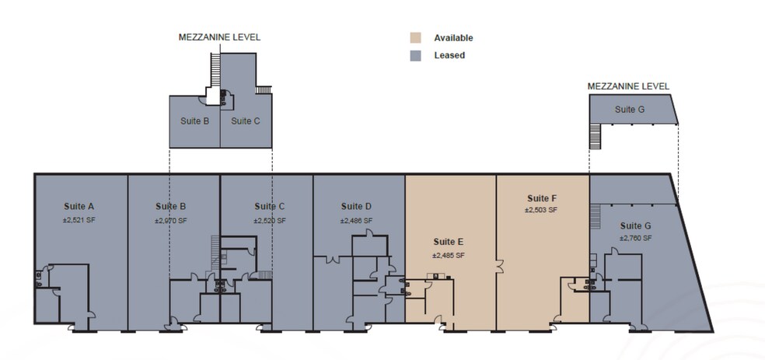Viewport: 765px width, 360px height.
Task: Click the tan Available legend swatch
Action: coord(416,37)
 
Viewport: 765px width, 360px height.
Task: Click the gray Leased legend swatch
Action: coord(416,55)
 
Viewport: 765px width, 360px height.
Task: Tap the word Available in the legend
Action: coord(453,38)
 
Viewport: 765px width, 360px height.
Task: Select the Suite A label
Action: coord(79,207)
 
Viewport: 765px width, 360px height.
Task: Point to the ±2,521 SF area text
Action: coord(79,220)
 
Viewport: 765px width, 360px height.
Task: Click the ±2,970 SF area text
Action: coord(171,220)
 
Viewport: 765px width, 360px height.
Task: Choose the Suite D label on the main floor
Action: coord(356,207)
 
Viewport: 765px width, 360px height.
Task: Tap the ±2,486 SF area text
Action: coord(356,220)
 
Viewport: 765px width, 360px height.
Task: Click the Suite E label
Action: coord(449,241)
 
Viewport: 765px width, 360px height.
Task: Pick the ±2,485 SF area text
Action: coord(449,254)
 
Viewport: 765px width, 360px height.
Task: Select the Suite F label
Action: coord(542,197)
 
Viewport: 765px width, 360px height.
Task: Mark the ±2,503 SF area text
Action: coord(542,210)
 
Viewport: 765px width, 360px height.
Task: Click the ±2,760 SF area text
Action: coord(635,238)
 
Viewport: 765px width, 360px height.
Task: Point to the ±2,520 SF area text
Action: coord(270,220)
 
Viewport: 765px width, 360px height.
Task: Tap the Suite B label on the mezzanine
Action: coord(194,121)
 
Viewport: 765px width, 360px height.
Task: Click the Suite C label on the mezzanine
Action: coord(246,121)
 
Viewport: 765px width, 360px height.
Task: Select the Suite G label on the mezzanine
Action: coord(630,110)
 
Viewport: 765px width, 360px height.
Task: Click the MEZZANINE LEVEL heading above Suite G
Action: coord(628,86)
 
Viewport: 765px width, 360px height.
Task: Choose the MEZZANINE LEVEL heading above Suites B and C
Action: coord(219,37)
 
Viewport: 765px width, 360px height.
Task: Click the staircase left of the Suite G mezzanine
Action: coord(596,138)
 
